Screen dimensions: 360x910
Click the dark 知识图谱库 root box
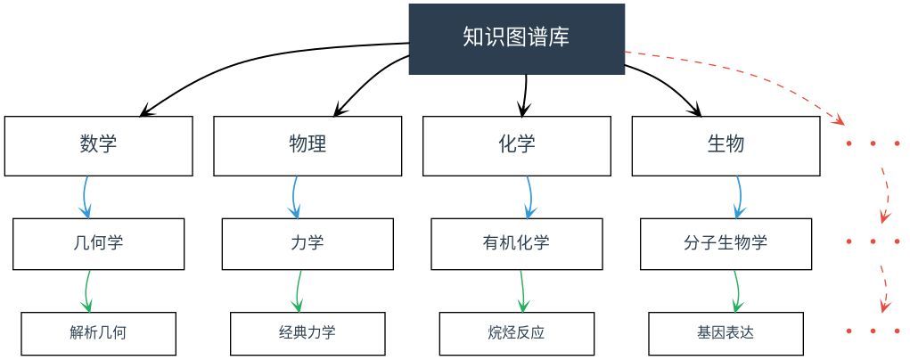coord(516,38)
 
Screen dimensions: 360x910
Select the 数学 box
coord(98,145)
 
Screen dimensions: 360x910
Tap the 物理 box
coord(307,145)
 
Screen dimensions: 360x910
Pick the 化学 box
coord(517,145)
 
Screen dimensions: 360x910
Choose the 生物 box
coord(726,145)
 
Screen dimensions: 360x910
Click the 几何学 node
coord(98,243)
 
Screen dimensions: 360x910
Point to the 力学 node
coord(307,243)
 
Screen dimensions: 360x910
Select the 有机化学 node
coord(517,243)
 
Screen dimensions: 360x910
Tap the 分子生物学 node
coord(726,243)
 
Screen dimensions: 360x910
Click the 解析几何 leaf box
coord(98,333)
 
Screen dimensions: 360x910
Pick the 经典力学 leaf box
coord(307,333)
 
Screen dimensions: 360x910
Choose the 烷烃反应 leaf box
coord(517,333)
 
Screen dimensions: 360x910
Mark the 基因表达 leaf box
coord(726,333)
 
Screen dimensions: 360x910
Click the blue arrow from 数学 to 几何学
coord(86,196)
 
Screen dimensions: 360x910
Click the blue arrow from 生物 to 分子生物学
coord(739,196)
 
